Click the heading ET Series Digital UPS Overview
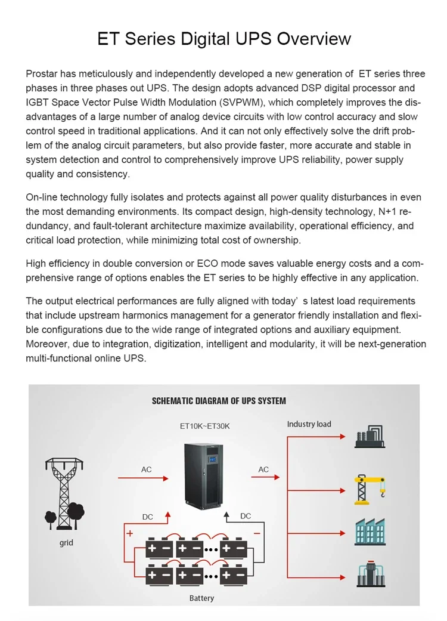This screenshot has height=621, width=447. pos(223,39)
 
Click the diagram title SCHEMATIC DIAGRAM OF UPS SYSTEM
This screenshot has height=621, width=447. pos(219,401)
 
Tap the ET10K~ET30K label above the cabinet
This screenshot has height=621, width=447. pos(204,427)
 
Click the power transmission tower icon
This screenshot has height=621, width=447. pos(64,492)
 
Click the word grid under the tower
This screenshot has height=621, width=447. pos(66,543)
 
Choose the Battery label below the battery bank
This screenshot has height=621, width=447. pos(201,598)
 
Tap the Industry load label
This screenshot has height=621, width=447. pos(309,424)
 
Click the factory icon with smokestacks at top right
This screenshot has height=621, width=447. pos(370,437)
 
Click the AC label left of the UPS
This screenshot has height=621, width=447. pos(146,469)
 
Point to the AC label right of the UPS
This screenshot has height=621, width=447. pos(263,469)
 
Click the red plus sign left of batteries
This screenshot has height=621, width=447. pos(130,534)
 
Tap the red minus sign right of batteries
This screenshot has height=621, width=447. pos(257,533)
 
